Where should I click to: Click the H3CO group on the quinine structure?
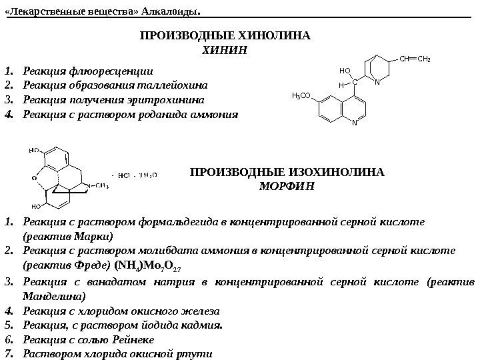click(x=303, y=96)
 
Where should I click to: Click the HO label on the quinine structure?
click(x=345, y=70)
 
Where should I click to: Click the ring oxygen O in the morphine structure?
click(x=35, y=178)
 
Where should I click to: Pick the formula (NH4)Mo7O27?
click(x=153, y=267)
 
